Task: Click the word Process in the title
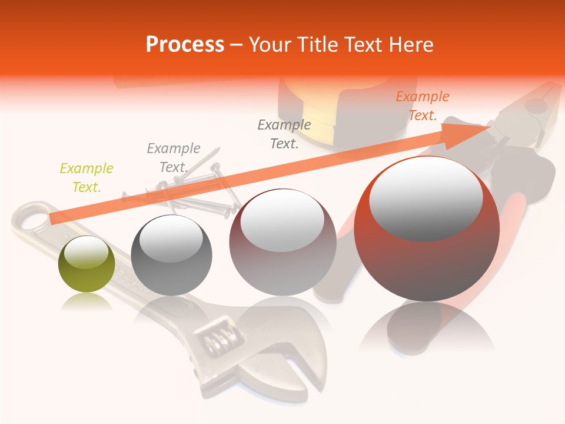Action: click(x=185, y=44)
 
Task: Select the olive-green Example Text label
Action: click(x=86, y=178)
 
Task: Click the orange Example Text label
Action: click(x=422, y=106)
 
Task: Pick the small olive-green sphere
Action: click(x=87, y=264)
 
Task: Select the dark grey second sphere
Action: click(x=171, y=256)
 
